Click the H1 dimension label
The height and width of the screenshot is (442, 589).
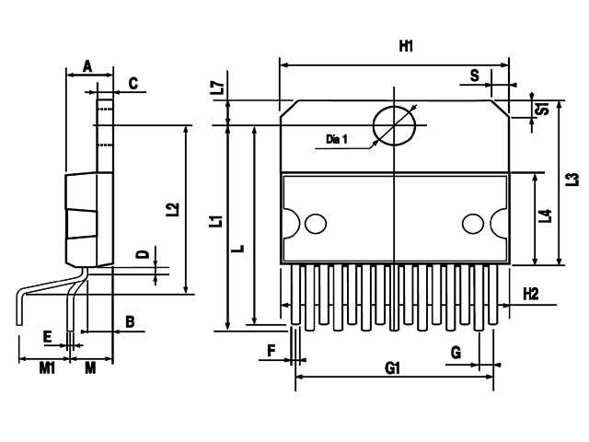(x=406, y=45)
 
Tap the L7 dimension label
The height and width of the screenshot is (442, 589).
(x=217, y=89)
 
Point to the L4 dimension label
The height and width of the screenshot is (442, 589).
(x=546, y=216)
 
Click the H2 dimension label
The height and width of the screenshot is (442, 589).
(x=530, y=294)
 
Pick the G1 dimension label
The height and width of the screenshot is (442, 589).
(x=393, y=368)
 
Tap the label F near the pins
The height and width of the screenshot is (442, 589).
(x=271, y=351)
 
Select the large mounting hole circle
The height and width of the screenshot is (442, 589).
(x=394, y=125)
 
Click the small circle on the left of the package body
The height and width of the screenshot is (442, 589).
(x=316, y=224)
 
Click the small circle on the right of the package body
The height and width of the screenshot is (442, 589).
(x=473, y=224)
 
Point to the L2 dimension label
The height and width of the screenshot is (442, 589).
(x=172, y=210)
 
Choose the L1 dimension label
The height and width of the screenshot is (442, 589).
(x=215, y=221)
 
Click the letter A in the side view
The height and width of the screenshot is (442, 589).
(x=87, y=65)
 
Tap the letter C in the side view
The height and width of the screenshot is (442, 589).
(x=133, y=84)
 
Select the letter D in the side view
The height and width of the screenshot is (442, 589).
(x=142, y=254)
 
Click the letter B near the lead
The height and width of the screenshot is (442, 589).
(x=130, y=321)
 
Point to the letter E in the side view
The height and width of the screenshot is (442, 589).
(x=47, y=337)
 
